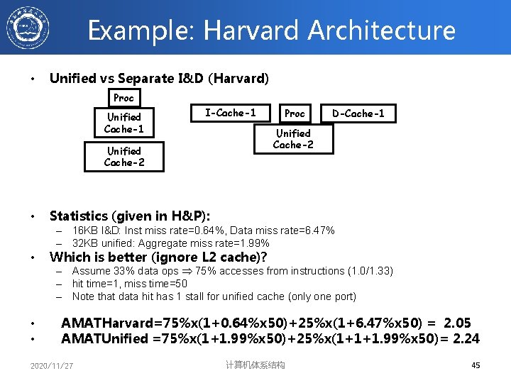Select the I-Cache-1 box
(230, 112)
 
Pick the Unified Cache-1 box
(124, 123)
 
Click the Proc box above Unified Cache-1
(123, 97)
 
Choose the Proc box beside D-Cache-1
(295, 113)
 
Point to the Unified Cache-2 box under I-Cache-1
(293, 139)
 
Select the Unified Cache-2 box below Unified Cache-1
(124, 157)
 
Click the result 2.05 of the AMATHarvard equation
(457, 323)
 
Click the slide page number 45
(476, 365)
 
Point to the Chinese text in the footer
(255, 365)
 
